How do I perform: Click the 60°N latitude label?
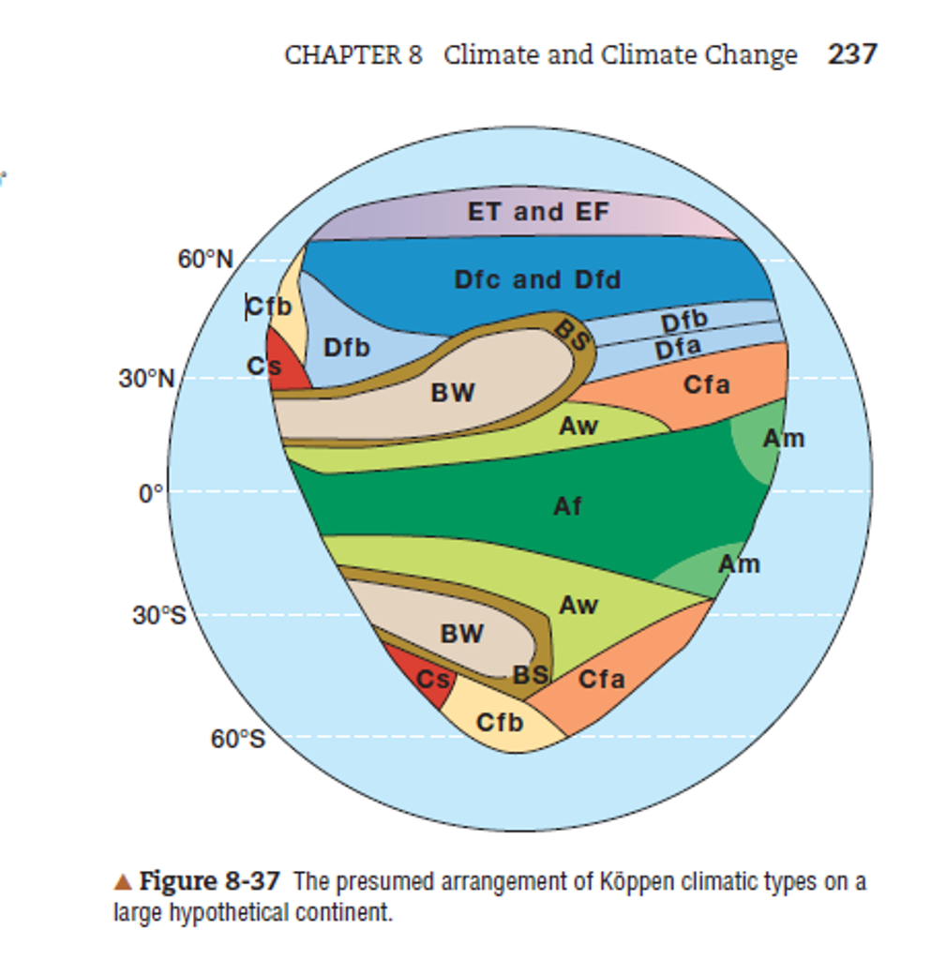click(x=205, y=260)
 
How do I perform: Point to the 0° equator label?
click(x=152, y=493)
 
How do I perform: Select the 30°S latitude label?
click(x=159, y=617)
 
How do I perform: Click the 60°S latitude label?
click(x=237, y=740)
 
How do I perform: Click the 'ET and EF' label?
click(x=538, y=212)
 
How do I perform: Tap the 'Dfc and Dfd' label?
click(x=537, y=279)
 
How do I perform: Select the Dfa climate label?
click(x=678, y=350)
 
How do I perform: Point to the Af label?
click(x=567, y=506)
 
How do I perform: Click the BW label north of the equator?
click(x=453, y=394)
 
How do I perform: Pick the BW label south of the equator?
click(x=462, y=635)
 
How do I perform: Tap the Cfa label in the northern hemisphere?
click(x=706, y=384)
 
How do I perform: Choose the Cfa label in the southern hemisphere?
click(x=601, y=679)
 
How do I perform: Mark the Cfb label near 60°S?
click(x=500, y=723)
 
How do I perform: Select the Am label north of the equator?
click(x=783, y=438)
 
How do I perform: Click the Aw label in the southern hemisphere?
click(x=578, y=606)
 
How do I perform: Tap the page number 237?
click(x=852, y=54)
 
